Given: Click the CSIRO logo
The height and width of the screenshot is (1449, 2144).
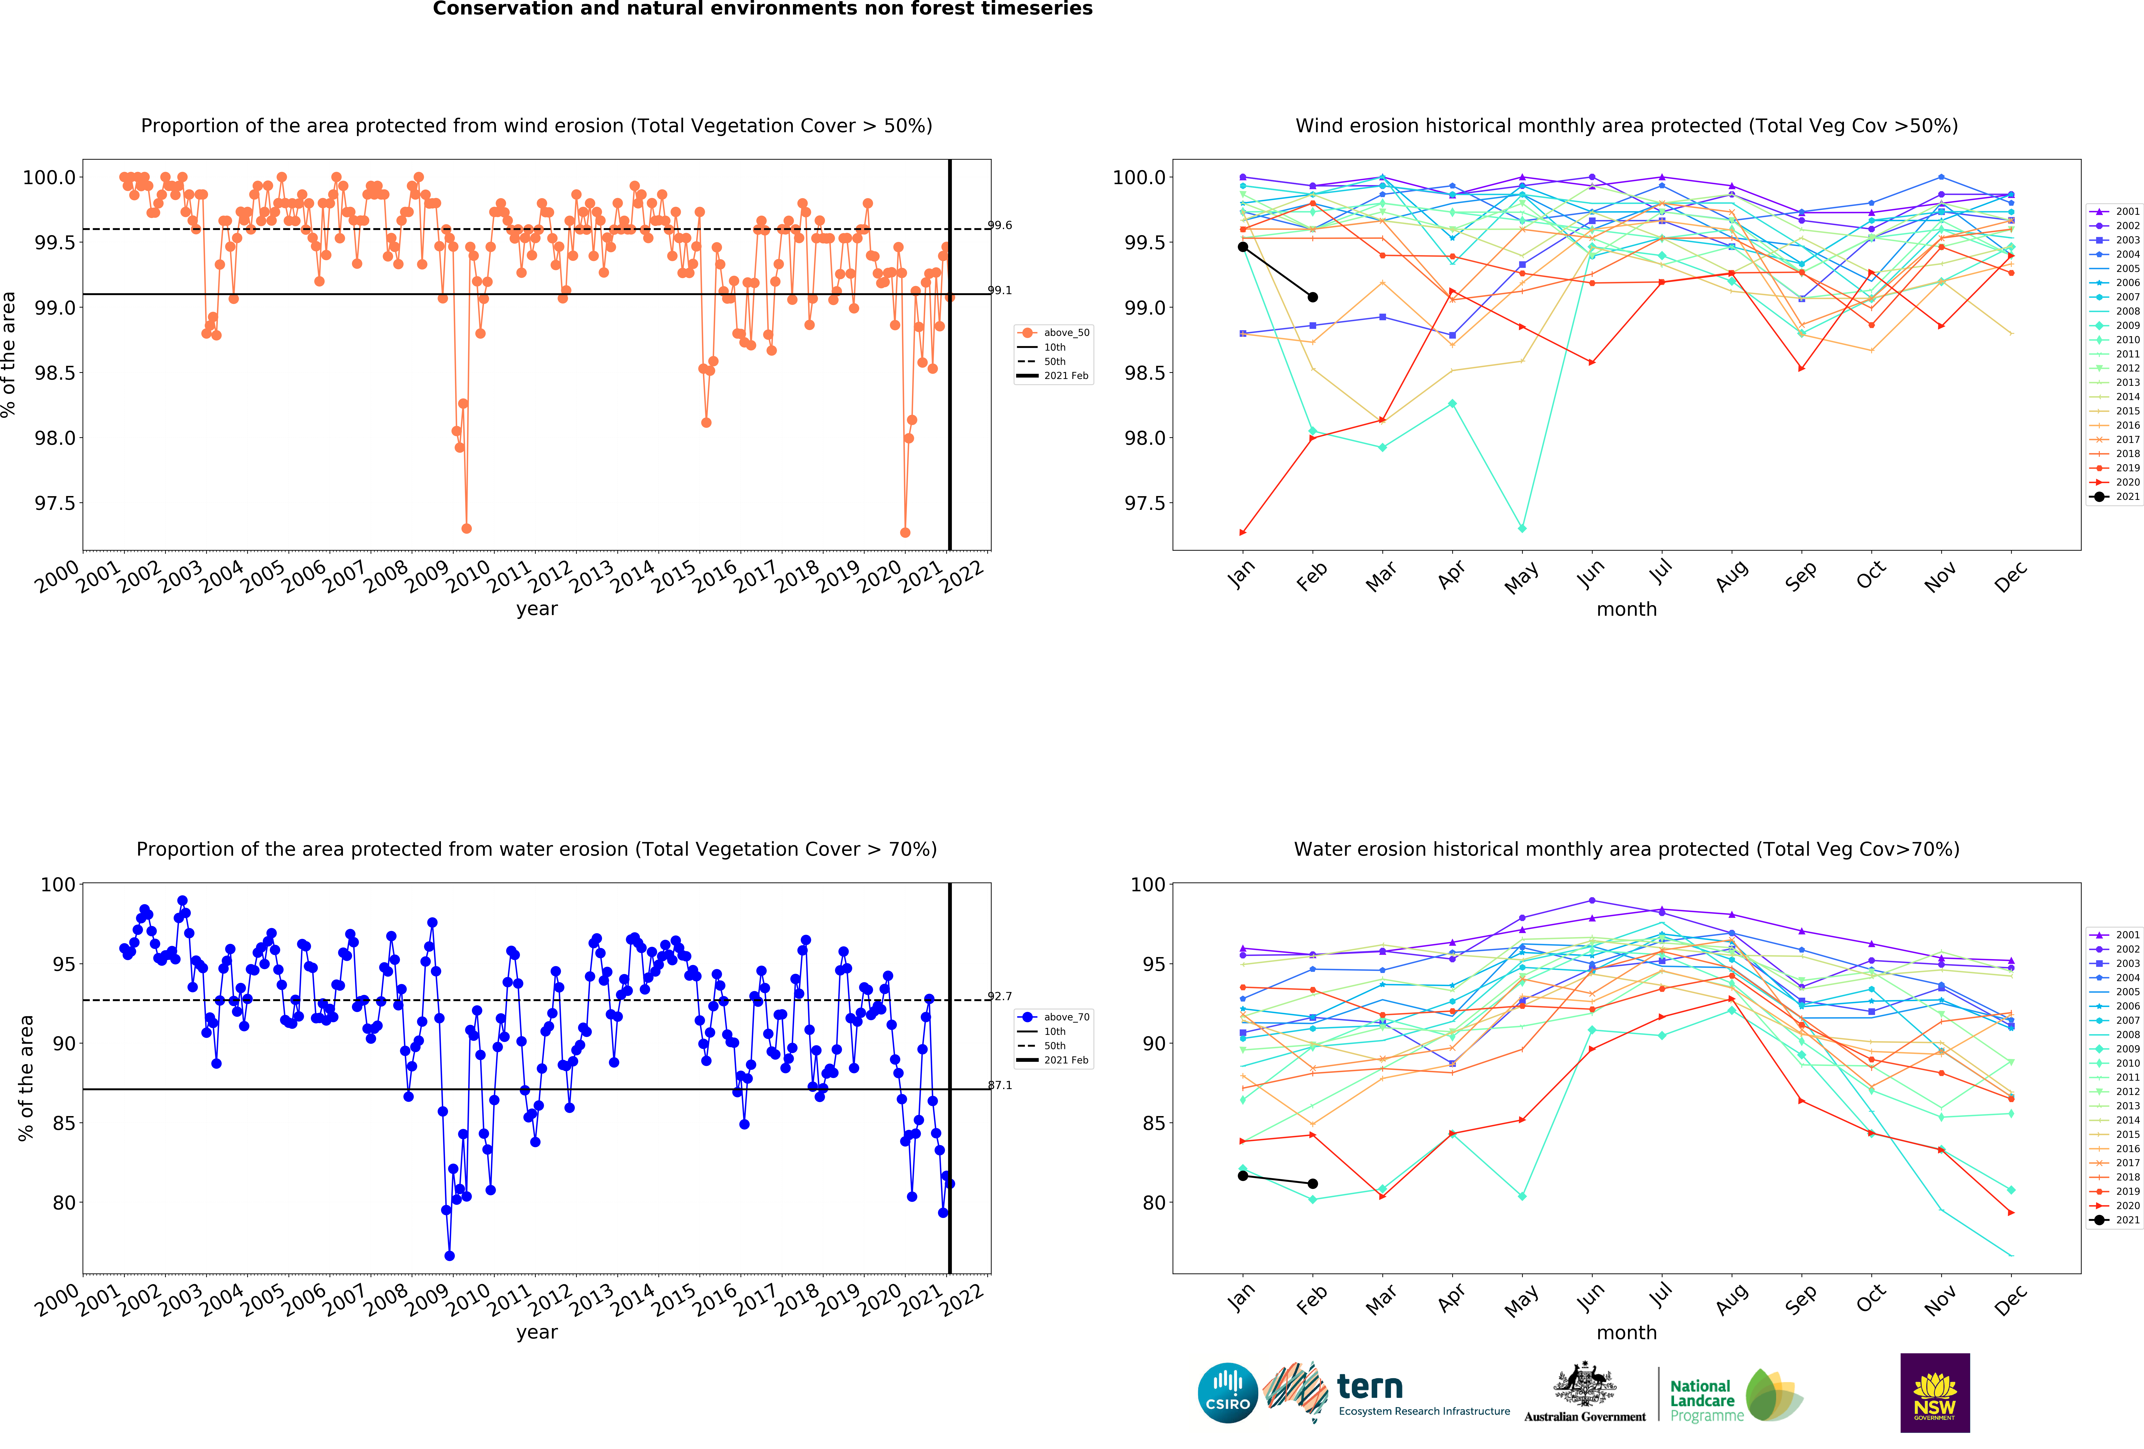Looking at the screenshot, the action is pos(1228,1393).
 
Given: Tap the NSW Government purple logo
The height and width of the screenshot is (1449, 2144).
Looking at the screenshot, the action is pos(1935,1393).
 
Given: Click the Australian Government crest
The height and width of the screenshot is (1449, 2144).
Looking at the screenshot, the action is pos(1584,1383).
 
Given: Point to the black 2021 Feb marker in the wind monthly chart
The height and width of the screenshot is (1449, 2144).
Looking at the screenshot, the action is pos(1313,297).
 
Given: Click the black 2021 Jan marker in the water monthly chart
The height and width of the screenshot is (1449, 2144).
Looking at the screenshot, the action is pos(1243,1176).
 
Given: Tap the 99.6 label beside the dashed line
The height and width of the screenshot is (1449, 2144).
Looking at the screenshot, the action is pos(1000,225).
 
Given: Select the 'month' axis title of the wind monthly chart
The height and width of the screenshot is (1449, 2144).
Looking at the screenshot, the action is pos(1626,610).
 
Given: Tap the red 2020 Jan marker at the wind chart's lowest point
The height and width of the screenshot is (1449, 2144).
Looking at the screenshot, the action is pos(1243,532).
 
